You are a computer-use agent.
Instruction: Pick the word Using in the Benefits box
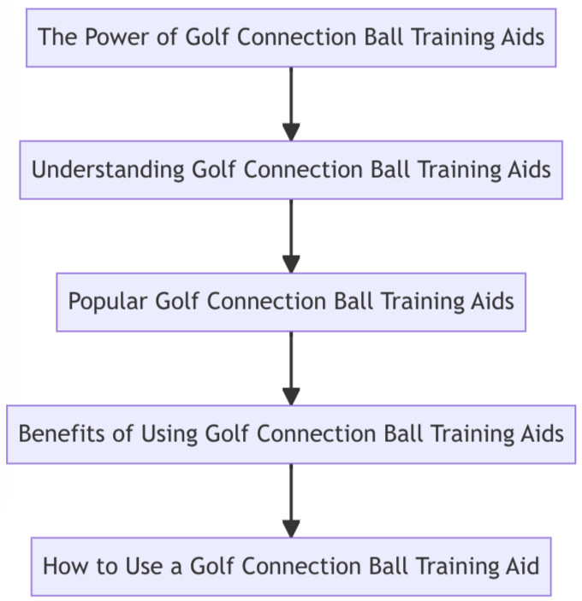[174, 433]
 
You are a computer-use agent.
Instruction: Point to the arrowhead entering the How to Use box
[291, 528]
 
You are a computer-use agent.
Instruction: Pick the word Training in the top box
[463, 38]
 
